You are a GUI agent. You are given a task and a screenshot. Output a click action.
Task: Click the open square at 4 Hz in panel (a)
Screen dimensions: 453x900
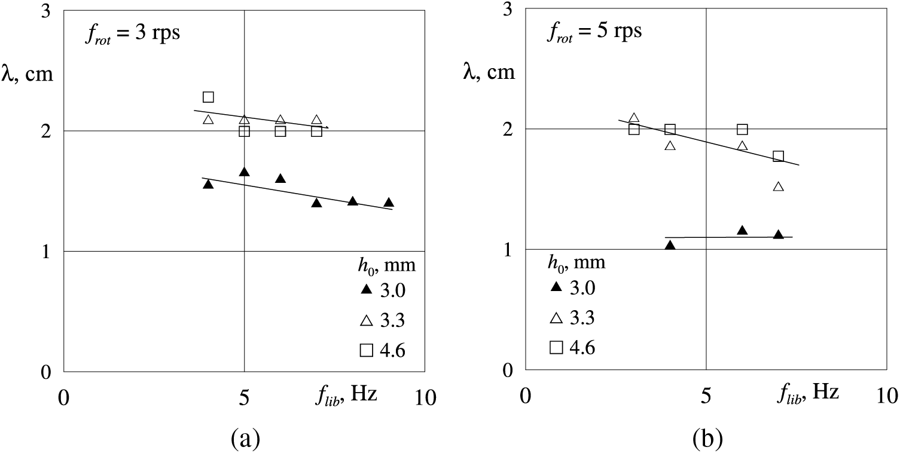point(208,97)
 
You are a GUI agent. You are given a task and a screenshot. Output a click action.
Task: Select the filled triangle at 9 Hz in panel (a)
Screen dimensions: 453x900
point(389,203)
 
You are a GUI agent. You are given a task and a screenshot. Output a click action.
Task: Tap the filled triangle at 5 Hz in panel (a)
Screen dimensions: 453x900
point(244,172)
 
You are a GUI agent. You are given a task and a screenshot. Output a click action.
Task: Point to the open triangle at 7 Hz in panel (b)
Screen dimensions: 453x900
point(778,186)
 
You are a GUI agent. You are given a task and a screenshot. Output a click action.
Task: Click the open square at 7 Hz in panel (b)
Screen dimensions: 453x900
point(778,156)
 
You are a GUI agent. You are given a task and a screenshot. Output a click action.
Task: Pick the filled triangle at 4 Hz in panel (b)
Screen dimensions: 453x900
point(670,245)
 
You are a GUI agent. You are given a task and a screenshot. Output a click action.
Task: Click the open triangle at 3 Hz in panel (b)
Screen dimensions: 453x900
point(634,118)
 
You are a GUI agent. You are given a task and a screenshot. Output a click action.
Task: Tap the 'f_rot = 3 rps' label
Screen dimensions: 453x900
point(132,33)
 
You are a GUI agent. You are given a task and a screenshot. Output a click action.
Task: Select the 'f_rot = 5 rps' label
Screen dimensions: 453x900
point(594,30)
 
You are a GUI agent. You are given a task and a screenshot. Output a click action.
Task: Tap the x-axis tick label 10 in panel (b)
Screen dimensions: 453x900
point(886,396)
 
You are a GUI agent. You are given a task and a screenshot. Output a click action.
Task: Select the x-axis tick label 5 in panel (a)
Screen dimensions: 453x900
point(244,397)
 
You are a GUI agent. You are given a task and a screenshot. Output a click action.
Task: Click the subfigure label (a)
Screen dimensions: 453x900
point(245,439)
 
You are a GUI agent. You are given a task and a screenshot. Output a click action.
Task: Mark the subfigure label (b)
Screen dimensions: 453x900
point(707,439)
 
